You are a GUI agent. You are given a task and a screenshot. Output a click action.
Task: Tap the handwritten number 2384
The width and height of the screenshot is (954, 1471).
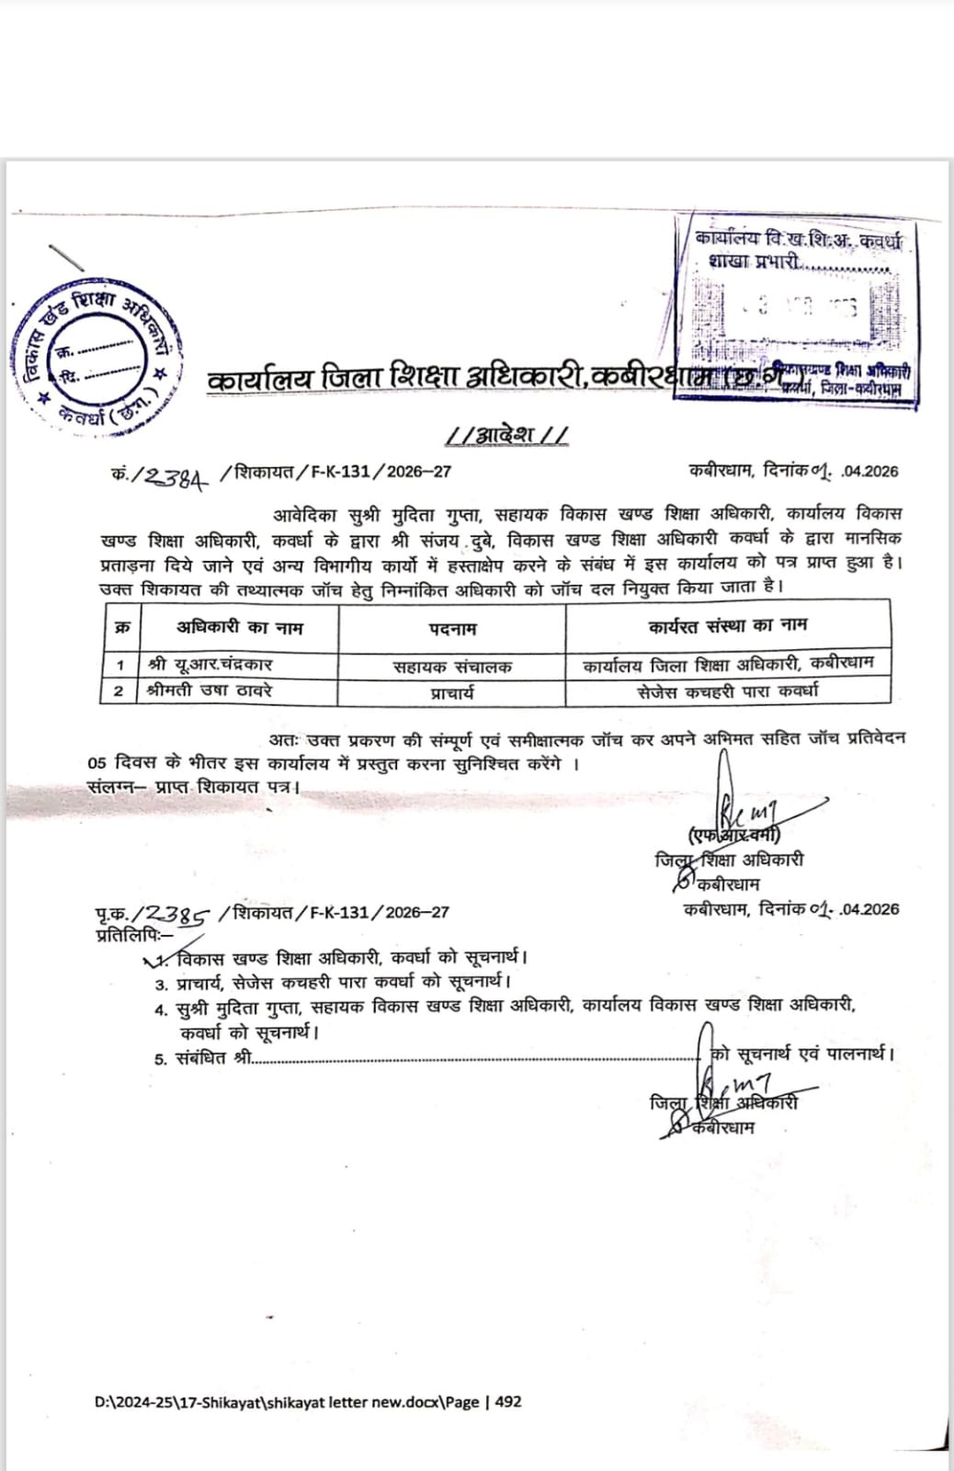point(173,474)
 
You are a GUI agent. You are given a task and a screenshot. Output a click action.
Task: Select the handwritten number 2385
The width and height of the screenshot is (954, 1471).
point(178,913)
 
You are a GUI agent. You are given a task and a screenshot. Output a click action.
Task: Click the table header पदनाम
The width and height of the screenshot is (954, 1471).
point(452,629)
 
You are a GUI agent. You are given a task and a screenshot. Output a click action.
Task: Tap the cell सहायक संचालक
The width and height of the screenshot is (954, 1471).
point(452,667)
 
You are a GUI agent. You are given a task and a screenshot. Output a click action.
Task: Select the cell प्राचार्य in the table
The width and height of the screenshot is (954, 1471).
point(452,691)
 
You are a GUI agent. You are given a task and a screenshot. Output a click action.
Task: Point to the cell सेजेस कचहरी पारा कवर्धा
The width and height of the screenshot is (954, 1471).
point(728,690)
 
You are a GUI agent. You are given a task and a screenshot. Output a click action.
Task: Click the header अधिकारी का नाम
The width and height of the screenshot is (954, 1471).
point(239,628)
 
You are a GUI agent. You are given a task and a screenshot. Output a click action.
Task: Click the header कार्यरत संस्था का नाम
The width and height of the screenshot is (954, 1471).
point(728,626)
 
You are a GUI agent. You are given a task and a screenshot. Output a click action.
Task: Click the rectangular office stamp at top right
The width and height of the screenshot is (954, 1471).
point(797,308)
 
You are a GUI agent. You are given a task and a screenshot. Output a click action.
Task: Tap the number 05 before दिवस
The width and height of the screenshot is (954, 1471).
point(97,764)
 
